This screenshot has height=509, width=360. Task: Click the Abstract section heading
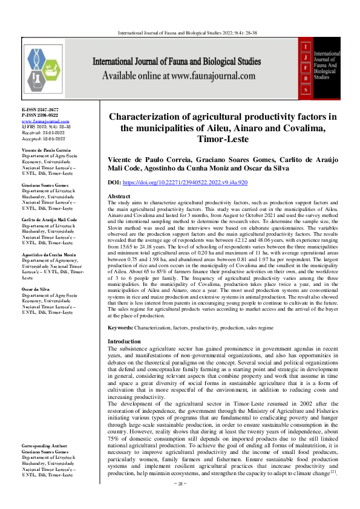(119, 197)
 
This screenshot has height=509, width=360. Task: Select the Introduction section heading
(124, 342)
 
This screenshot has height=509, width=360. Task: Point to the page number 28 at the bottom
(180, 501)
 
